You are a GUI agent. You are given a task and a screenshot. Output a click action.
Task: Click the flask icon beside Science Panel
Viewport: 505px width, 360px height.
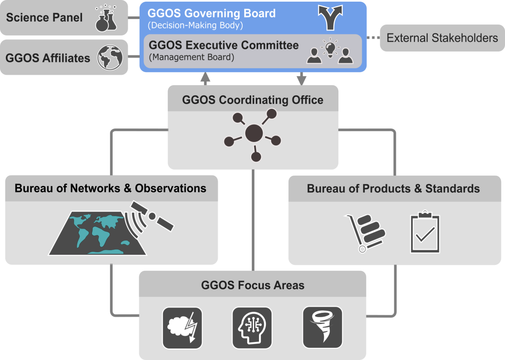pyautogui.click(x=106, y=19)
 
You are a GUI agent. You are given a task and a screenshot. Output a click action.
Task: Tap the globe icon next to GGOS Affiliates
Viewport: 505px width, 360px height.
pyautogui.click(x=110, y=58)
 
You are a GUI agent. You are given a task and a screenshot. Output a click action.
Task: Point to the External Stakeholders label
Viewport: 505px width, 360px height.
pyautogui.click(x=442, y=38)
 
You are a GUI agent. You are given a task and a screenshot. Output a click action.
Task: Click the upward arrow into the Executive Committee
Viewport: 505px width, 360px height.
pyautogui.click(x=205, y=78)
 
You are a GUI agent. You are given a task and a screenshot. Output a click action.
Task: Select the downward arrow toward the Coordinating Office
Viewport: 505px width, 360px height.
pyautogui.click(x=301, y=79)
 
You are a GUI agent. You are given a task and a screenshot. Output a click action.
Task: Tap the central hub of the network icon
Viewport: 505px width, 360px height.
pyautogui.click(x=254, y=133)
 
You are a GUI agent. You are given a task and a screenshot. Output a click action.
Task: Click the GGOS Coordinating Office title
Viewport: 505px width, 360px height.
pyautogui.click(x=252, y=100)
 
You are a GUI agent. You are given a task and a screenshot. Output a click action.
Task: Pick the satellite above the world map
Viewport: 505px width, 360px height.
pyautogui.click(x=152, y=216)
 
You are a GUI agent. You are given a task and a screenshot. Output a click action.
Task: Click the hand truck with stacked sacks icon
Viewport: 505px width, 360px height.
pyautogui.click(x=365, y=232)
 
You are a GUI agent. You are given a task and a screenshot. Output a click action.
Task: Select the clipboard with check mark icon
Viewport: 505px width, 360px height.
pyautogui.click(x=425, y=232)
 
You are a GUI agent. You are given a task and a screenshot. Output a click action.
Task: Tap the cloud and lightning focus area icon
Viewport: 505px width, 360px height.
pyautogui.click(x=182, y=328)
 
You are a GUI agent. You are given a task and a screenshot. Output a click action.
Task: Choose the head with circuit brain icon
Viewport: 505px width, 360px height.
pyautogui.click(x=252, y=328)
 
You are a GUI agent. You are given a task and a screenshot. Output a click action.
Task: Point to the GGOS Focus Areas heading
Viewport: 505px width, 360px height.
pyautogui.click(x=252, y=285)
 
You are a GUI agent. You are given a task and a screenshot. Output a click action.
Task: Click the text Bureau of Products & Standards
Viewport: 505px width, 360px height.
pyautogui.click(x=393, y=189)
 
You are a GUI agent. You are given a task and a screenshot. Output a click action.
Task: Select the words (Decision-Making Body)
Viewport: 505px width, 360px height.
pyautogui.click(x=195, y=25)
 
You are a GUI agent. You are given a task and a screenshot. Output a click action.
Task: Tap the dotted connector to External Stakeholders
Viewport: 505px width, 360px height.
pyautogui.click(x=373, y=38)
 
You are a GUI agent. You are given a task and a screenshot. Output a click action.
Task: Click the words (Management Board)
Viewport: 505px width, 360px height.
pyautogui.click(x=191, y=57)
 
